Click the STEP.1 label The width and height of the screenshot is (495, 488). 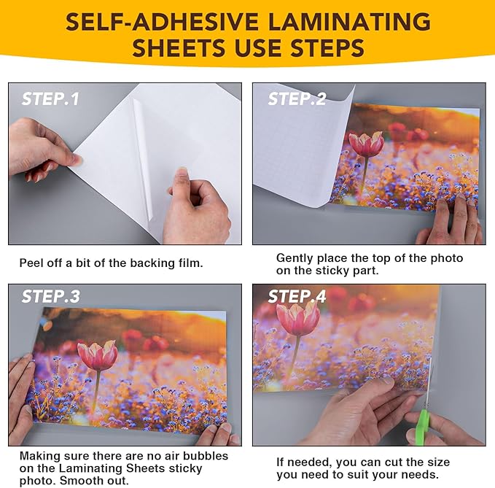(50, 99)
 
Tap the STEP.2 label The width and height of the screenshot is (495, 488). (297, 99)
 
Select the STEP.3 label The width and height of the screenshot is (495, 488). (51, 297)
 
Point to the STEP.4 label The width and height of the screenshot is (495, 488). (297, 297)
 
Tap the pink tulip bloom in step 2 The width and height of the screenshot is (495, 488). (366, 144)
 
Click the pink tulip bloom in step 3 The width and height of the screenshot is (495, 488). (98, 355)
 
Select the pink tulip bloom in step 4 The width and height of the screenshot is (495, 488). (297, 319)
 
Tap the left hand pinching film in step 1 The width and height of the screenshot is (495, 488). (40, 150)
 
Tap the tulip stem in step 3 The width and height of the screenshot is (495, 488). (96, 390)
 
